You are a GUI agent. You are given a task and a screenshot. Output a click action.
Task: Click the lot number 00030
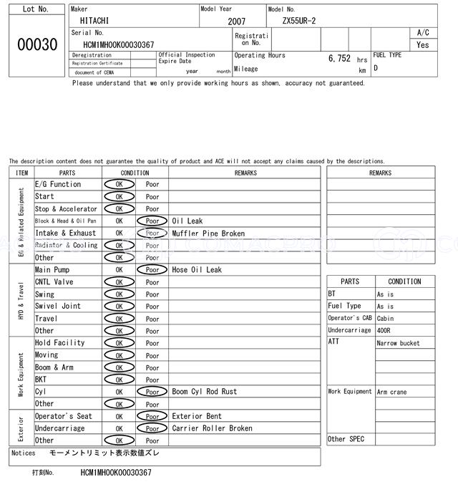(x=36, y=44)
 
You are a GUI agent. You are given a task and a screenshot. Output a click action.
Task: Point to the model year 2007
(x=237, y=21)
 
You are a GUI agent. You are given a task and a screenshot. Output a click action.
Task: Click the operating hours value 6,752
(x=339, y=59)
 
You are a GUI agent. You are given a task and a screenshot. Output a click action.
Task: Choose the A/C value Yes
(x=423, y=44)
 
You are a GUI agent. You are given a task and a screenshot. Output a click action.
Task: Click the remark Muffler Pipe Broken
(x=208, y=233)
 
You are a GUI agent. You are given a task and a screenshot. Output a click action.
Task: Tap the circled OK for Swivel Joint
(x=119, y=307)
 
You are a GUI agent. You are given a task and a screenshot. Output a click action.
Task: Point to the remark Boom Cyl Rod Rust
(x=205, y=392)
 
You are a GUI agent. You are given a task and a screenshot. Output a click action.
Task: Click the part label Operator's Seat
(x=64, y=416)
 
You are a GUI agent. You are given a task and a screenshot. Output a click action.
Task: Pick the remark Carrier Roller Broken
(x=212, y=428)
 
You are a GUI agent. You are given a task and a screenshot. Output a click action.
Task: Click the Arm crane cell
(x=393, y=392)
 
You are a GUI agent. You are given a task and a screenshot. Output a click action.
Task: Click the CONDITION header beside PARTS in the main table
(x=135, y=173)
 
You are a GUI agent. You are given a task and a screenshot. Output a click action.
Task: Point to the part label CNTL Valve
(x=54, y=282)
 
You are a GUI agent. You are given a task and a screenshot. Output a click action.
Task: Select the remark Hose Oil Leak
(x=197, y=270)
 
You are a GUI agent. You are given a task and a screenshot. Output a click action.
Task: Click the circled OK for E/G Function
(x=119, y=185)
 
